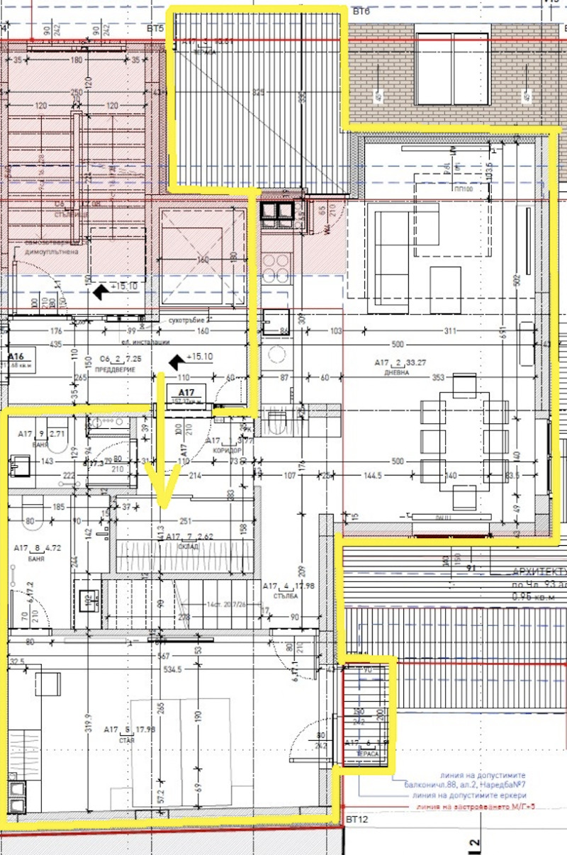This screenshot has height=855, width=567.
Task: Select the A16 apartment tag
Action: (x=16, y=358)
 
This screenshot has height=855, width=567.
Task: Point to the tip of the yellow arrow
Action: (x=164, y=506)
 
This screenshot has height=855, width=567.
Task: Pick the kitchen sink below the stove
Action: (x=276, y=321)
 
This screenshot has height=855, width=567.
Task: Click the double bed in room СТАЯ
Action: (x=181, y=751)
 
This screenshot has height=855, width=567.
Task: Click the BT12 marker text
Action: (x=356, y=820)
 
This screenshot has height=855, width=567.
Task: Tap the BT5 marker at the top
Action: (x=155, y=29)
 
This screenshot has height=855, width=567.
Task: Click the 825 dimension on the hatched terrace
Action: (x=257, y=93)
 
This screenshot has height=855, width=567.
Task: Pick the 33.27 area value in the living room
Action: (x=424, y=363)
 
